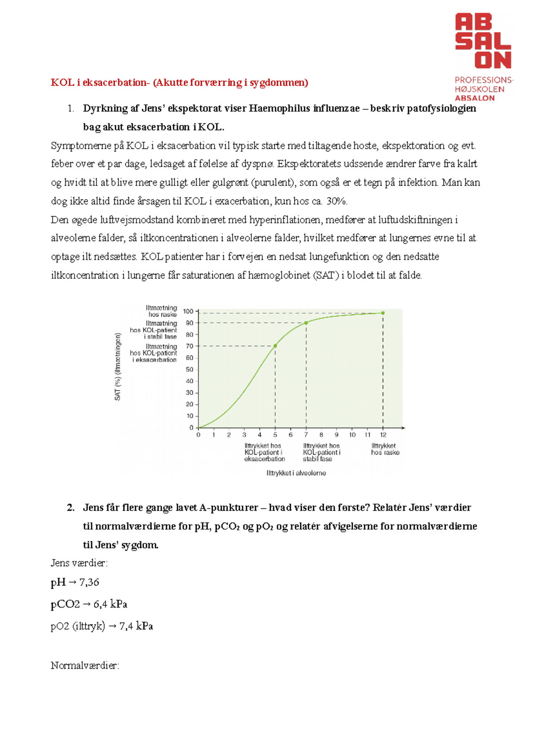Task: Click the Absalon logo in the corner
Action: (x=483, y=57)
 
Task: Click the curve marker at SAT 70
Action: (x=275, y=346)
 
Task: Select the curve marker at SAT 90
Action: (x=306, y=323)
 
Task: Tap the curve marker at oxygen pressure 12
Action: (x=383, y=313)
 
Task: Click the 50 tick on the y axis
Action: (x=190, y=369)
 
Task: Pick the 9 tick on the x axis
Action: (x=337, y=435)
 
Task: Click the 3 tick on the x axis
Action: (x=244, y=435)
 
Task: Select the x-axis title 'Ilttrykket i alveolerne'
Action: (x=296, y=473)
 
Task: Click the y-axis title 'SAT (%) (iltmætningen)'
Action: (x=118, y=367)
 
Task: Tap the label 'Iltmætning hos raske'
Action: (x=162, y=311)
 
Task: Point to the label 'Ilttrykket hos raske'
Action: (x=385, y=449)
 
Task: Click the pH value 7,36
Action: (x=89, y=582)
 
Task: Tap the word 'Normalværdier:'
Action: (x=85, y=666)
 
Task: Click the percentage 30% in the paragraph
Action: (x=336, y=201)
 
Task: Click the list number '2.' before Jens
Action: (x=71, y=508)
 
